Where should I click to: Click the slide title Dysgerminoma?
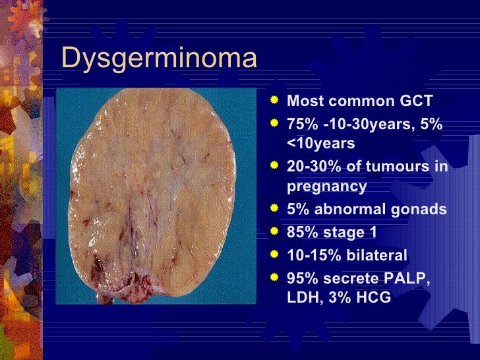(158, 59)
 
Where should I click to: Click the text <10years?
(321, 143)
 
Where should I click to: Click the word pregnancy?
(327, 187)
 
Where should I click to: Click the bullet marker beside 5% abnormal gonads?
(274, 209)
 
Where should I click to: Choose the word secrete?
(350, 277)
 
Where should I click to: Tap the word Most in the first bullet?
(305, 102)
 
